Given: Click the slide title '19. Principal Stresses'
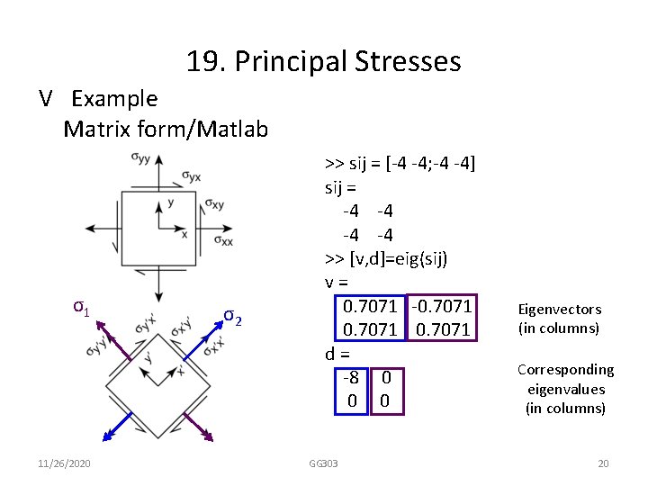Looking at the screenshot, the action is [x=323, y=61].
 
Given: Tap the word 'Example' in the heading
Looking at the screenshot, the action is [x=114, y=98].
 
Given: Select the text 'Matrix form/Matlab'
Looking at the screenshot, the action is [x=166, y=130].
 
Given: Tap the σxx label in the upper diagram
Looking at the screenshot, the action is [x=223, y=240].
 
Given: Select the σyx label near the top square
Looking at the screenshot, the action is [x=192, y=175].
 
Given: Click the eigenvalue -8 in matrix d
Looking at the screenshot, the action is [x=352, y=376].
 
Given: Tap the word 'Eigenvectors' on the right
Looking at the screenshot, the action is [x=559, y=309].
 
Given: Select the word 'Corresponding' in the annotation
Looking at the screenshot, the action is [x=565, y=369].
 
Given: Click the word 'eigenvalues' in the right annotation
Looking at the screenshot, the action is [x=565, y=389].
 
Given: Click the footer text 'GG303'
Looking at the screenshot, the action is [x=323, y=463].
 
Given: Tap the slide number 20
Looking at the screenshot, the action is [x=603, y=463].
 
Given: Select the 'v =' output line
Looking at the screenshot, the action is [x=337, y=283].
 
